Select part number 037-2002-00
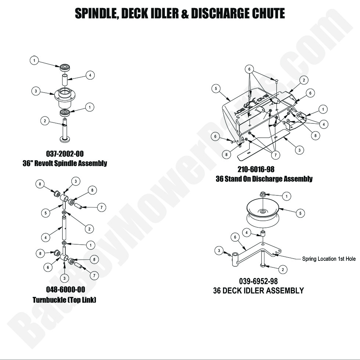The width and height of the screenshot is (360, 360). [x=65, y=154]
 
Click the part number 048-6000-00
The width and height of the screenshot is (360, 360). [x=64, y=290]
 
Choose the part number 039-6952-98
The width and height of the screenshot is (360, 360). [x=258, y=281]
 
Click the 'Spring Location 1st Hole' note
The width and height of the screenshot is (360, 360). [x=329, y=259]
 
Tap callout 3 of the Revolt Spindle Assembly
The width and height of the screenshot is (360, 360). [x=36, y=91]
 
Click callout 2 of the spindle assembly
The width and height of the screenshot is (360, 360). [x=44, y=121]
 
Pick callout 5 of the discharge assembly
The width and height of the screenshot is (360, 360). [x=216, y=88]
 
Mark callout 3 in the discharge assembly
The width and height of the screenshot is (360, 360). [x=300, y=150]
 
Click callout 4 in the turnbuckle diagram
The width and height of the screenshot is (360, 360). [x=45, y=238]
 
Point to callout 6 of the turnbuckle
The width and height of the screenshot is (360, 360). [x=48, y=267]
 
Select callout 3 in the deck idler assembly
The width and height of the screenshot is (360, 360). [x=219, y=251]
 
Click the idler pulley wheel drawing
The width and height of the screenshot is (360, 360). [x=263, y=213]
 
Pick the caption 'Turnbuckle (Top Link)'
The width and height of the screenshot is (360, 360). [x=64, y=300]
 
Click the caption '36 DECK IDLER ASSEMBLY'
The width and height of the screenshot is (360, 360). [x=258, y=291]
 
